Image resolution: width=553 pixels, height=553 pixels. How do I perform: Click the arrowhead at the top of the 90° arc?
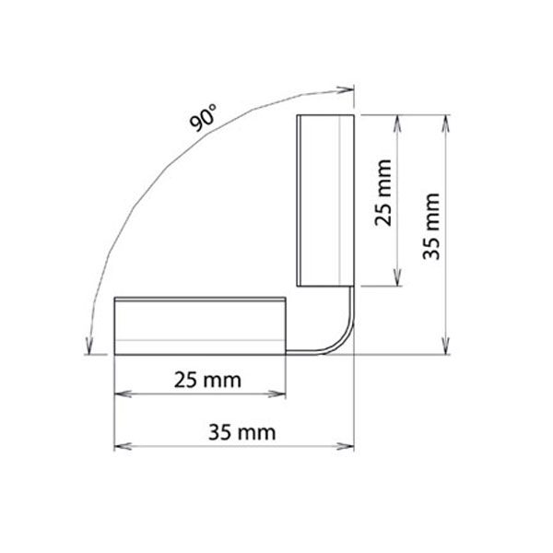tap(346, 88)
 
